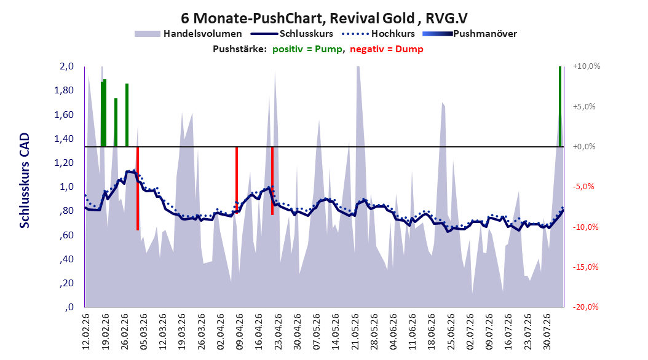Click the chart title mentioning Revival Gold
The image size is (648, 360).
[325, 18]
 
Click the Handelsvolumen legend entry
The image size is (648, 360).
[189, 34]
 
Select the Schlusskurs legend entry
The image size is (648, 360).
[292, 34]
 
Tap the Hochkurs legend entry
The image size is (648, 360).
[378, 34]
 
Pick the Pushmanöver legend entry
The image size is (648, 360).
[470, 34]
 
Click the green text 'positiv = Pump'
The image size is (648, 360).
[307, 49]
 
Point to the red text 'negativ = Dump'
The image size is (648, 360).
[387, 49]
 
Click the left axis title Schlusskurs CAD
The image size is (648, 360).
[25, 181]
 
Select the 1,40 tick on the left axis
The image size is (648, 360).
[64, 139]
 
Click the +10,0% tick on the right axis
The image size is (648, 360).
[587, 66]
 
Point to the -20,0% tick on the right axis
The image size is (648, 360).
[585, 307]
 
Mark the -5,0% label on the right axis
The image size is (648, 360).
[583, 187]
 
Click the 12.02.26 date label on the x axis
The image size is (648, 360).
[86, 332]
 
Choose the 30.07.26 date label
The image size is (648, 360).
[547, 332]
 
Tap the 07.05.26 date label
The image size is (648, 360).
[317, 332]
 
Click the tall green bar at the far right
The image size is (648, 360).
[560, 106]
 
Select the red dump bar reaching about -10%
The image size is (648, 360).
[138, 188]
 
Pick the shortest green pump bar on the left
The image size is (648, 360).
[116, 122]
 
